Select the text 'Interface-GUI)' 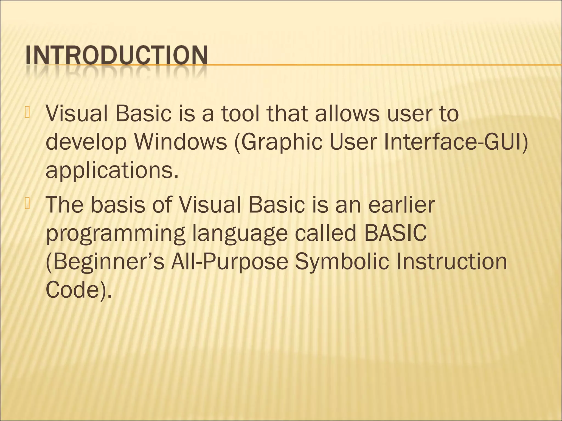click(x=456, y=142)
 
